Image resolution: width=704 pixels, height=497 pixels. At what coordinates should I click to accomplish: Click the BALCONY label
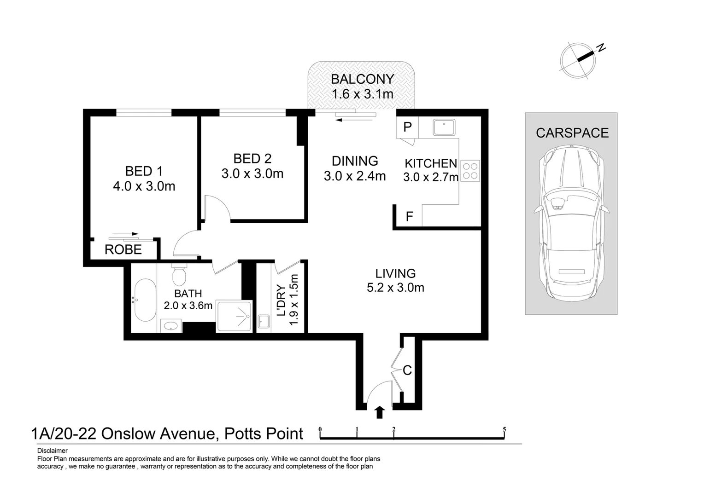363,79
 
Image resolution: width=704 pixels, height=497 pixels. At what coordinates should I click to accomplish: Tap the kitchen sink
444,127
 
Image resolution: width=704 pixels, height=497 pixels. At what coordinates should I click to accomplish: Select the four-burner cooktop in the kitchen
470,171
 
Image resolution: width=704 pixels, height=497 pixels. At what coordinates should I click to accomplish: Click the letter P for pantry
407,127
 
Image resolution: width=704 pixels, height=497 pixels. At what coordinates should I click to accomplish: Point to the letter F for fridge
409,216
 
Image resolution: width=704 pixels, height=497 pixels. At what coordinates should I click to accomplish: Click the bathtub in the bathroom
145,300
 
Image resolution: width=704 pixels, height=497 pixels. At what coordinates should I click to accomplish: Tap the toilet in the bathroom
179,274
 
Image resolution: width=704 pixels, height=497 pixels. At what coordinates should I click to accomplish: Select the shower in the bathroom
234,316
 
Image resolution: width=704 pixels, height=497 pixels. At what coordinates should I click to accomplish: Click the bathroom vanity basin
171,326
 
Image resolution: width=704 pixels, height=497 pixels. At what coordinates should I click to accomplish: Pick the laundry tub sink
264,321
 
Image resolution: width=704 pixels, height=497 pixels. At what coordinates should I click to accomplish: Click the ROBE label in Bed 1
123,249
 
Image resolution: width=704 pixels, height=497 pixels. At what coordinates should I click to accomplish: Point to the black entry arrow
380,412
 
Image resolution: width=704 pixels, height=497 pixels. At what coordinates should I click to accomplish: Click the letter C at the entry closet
407,370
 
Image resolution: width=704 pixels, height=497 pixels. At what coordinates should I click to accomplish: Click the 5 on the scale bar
505,430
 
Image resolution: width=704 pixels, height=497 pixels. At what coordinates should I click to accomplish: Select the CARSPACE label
572,133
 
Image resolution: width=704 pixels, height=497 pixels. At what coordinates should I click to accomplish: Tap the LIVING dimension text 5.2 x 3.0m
395,288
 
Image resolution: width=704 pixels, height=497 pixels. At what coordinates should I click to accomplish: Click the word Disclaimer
53,451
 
